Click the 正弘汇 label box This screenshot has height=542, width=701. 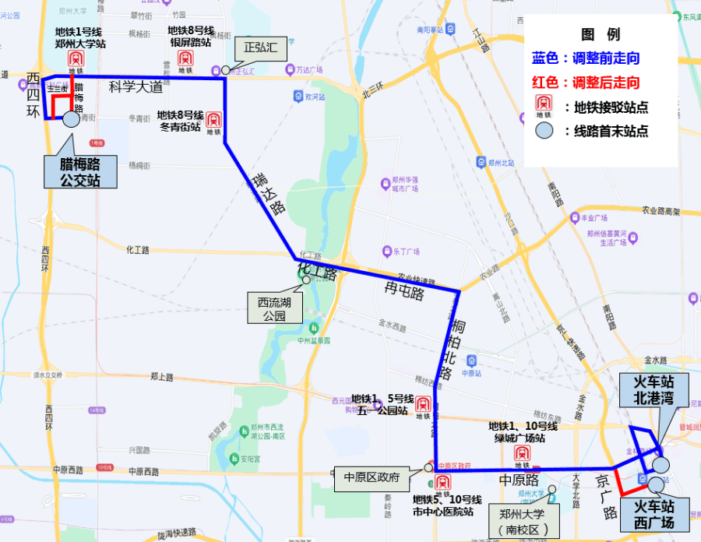(255, 48)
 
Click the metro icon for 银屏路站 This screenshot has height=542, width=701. (185, 58)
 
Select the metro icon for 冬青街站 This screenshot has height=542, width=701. (213, 121)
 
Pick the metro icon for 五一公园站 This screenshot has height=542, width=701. (422, 404)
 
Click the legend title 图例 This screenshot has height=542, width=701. (601, 34)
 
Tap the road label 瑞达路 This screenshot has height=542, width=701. (269, 194)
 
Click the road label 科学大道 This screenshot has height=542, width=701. (136, 86)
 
